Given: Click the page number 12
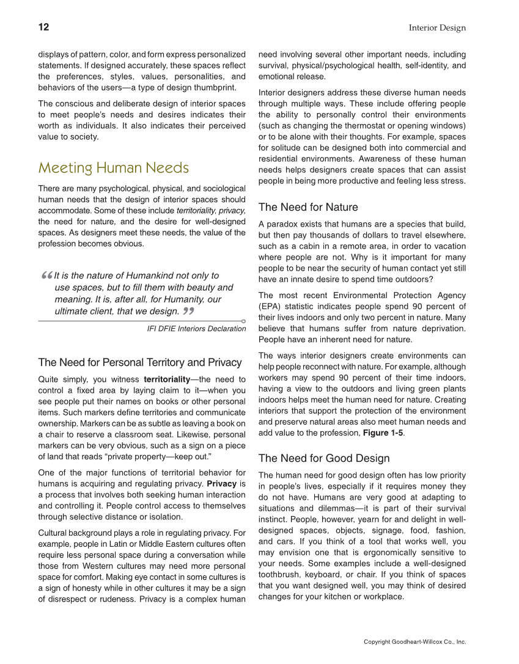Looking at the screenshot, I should pyautogui.click(x=43, y=27).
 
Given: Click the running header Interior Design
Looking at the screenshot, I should pyautogui.click(x=437, y=28).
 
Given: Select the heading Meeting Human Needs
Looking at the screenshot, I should pyautogui.click(x=114, y=167).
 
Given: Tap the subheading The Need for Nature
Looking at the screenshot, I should pyautogui.click(x=308, y=207).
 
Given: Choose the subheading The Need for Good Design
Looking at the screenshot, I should pyautogui.click(x=324, y=458).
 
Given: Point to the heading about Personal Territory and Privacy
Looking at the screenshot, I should pyautogui.click(x=140, y=362).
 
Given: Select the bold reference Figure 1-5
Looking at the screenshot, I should pyautogui.click(x=382, y=433).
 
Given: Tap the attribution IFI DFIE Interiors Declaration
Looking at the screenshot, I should pyautogui.click(x=196, y=329).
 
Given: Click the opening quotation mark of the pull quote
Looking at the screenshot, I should pyautogui.click(x=46, y=277).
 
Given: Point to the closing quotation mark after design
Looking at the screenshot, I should pyautogui.click(x=188, y=312).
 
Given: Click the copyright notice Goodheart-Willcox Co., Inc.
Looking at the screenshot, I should pyautogui.click(x=414, y=642).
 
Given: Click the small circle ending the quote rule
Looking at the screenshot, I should pyautogui.click(x=243, y=321).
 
